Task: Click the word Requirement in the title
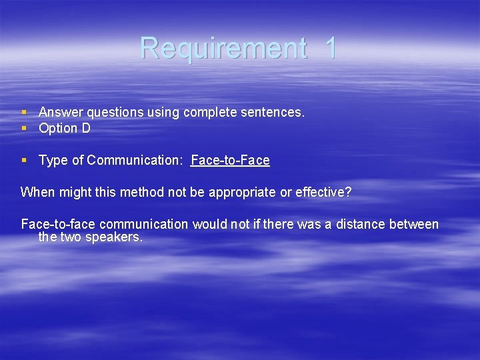[x=223, y=48]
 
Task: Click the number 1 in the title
[x=331, y=48]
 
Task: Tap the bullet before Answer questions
[x=24, y=112]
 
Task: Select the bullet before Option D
[x=24, y=128]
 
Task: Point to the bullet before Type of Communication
[x=24, y=160]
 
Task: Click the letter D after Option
[x=86, y=128]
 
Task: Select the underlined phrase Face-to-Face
[x=230, y=160]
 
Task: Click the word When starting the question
[x=37, y=192]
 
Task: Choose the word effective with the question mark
[x=323, y=192]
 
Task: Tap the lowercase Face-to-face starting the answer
[x=58, y=224]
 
